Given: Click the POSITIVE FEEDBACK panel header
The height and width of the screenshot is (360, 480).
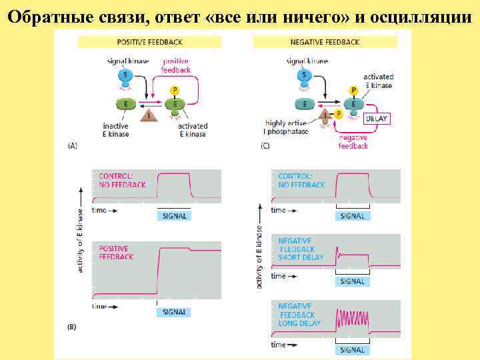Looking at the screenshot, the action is point(141,42).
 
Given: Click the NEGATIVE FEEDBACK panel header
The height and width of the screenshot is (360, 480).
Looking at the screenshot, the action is point(325,42).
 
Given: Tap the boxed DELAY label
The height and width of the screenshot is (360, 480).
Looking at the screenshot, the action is point(376,119).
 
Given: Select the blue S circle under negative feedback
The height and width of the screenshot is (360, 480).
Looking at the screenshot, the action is point(305,76).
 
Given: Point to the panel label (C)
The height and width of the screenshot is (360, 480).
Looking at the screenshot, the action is point(265,145).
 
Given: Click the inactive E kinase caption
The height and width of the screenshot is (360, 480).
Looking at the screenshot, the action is point(116,130).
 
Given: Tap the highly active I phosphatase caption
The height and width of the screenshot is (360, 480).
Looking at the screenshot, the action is point(287,127).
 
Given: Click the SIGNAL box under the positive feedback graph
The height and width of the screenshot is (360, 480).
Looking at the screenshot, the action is point(173,312).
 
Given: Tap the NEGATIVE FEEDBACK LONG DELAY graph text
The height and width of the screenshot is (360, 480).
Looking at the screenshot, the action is point(300,315).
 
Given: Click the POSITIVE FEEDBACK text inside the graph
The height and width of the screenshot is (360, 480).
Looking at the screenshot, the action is point(116,253).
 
